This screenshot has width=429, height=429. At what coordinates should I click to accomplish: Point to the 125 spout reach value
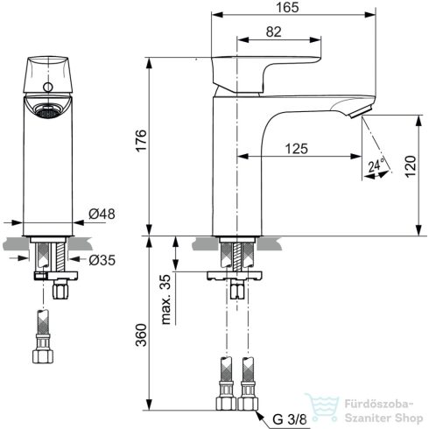coord(297,150)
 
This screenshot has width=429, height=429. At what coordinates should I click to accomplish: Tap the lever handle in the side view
coord(254,70)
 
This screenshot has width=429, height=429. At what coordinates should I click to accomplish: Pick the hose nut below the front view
coord(41,355)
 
